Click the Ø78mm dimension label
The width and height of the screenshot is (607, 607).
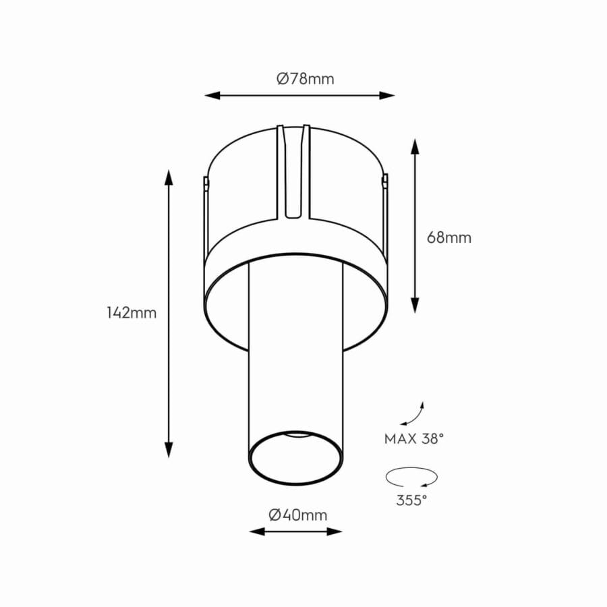click(x=305, y=79)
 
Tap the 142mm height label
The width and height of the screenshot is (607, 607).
click(x=132, y=313)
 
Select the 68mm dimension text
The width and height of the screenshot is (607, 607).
click(x=449, y=237)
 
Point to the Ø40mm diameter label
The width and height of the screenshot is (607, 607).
click(x=297, y=515)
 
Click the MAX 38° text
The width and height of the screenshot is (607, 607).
click(x=414, y=439)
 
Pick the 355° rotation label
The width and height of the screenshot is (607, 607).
click(x=411, y=500)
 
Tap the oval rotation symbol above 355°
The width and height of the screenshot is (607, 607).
click(x=411, y=476)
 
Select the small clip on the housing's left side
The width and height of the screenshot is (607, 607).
click(x=204, y=181)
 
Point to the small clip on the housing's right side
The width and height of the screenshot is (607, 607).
click(x=386, y=180)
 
